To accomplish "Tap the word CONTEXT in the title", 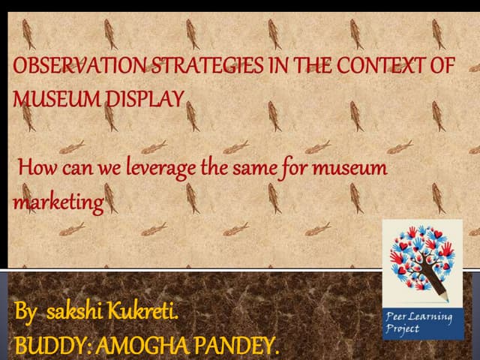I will click(379, 66).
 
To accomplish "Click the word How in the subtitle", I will click(35, 167).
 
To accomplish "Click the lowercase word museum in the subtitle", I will click(348, 167).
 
